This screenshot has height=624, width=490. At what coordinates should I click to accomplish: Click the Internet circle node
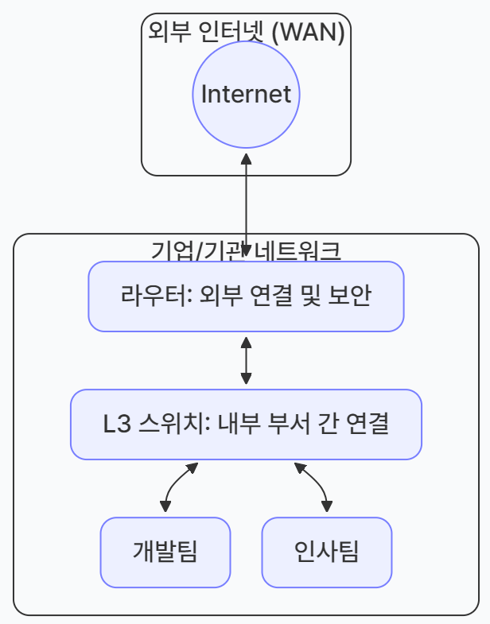pyautogui.click(x=246, y=95)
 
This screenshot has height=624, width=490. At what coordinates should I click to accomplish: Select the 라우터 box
pyautogui.click(x=246, y=296)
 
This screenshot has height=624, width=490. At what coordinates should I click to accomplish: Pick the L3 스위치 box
pyautogui.click(x=246, y=424)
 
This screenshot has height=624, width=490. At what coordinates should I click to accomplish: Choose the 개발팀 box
pyautogui.click(x=165, y=551)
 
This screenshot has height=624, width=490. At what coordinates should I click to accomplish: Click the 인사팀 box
pyautogui.click(x=326, y=551)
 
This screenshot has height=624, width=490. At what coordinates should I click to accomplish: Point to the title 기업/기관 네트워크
pyautogui.click(x=246, y=250)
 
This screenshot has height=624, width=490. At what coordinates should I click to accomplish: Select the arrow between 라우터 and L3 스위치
pyautogui.click(x=246, y=360)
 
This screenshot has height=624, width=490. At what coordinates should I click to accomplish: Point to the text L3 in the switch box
pyautogui.click(x=116, y=424)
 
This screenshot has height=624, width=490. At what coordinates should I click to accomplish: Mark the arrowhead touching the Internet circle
pyautogui.click(x=247, y=158)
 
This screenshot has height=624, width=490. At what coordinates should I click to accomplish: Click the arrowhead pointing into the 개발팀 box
pyautogui.click(x=165, y=506)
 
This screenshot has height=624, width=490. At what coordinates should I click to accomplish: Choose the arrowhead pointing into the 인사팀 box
pyautogui.click(x=326, y=506)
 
